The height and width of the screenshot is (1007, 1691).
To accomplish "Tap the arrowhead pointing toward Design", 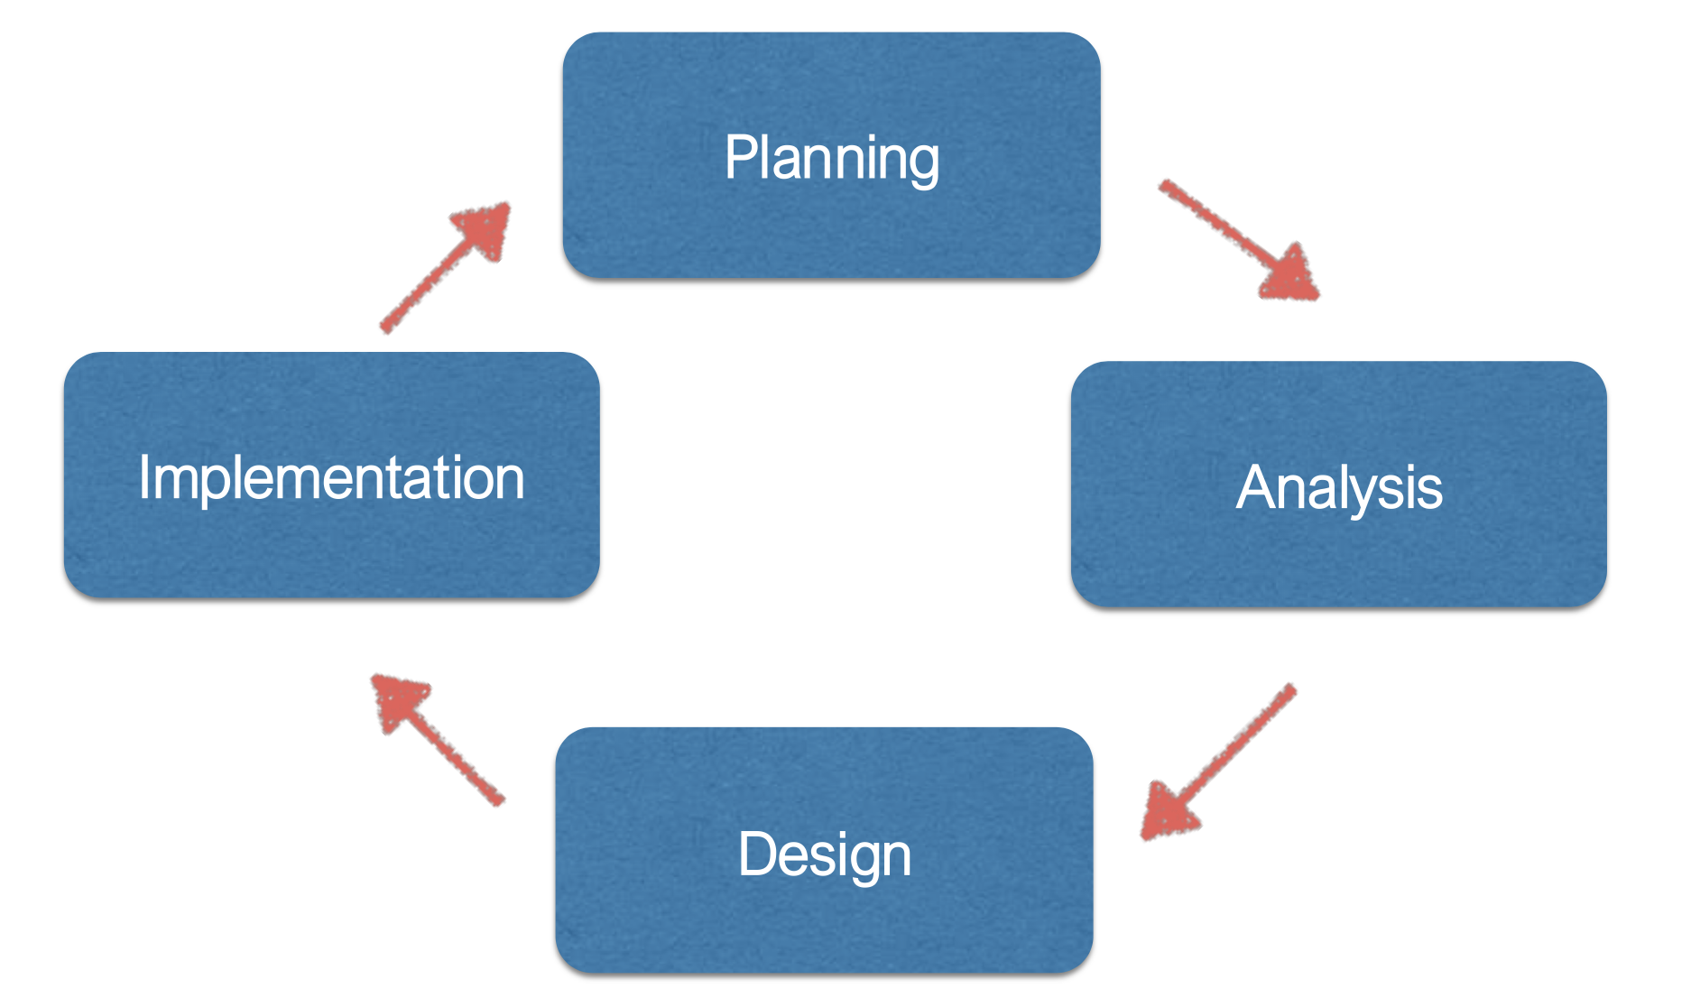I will [1167, 810].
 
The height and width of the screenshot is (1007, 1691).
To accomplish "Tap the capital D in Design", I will [756, 854].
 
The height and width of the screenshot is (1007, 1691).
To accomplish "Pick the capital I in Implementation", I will [145, 476].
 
